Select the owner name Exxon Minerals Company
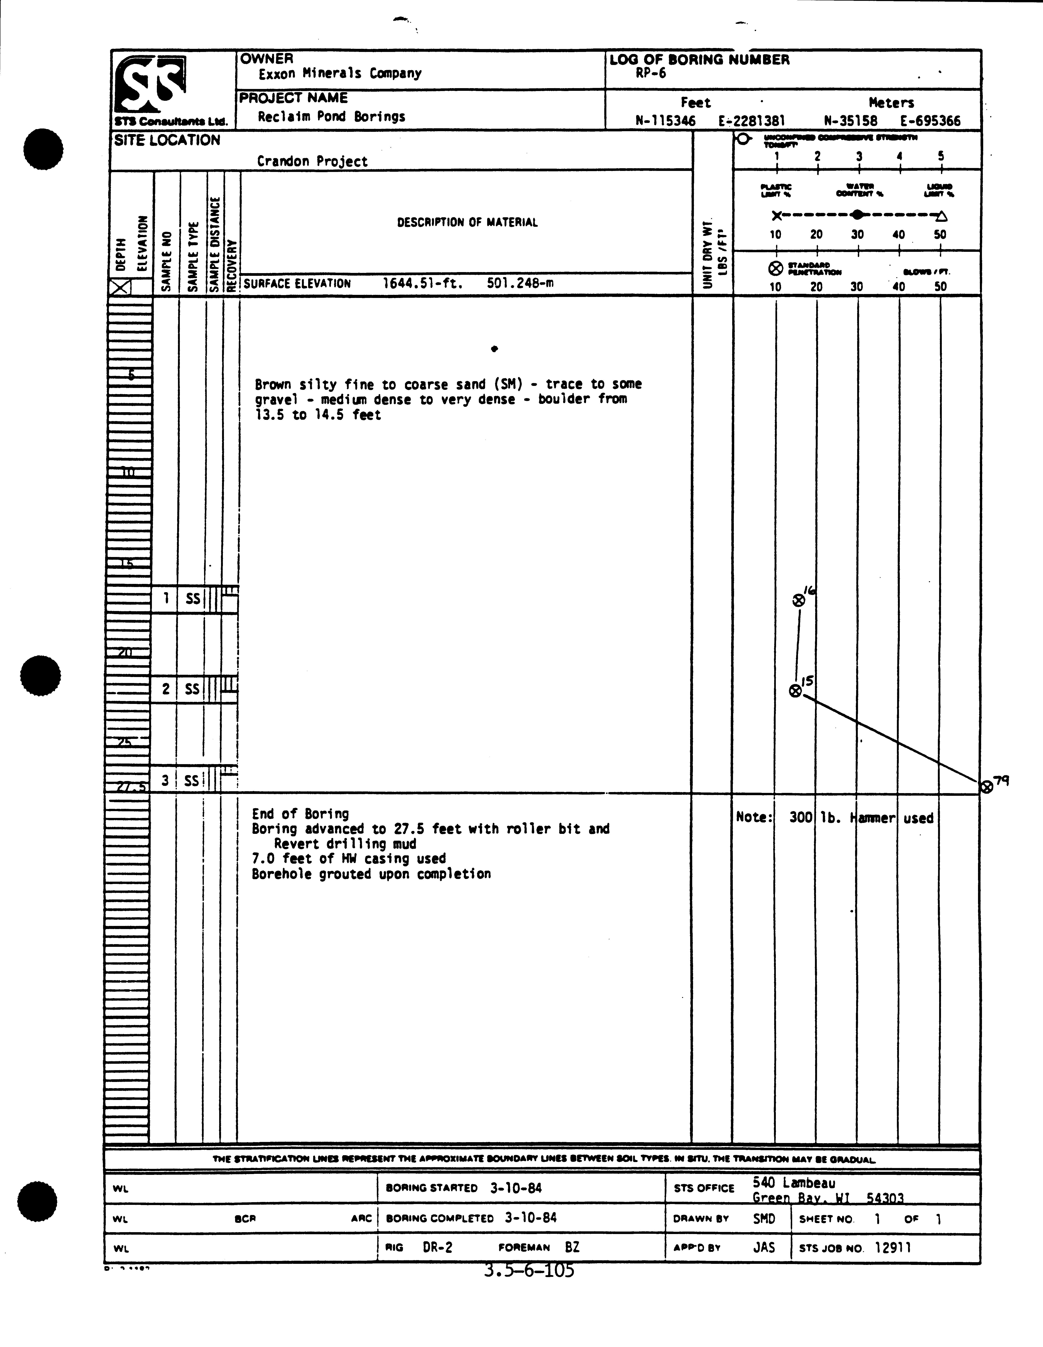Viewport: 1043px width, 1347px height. point(340,73)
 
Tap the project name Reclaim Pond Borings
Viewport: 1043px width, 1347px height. point(331,116)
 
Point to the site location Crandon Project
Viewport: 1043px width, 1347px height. point(312,162)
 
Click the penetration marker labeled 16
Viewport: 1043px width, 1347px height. point(799,600)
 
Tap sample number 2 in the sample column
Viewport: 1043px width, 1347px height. point(165,689)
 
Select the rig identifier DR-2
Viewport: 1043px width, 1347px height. point(438,1247)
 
